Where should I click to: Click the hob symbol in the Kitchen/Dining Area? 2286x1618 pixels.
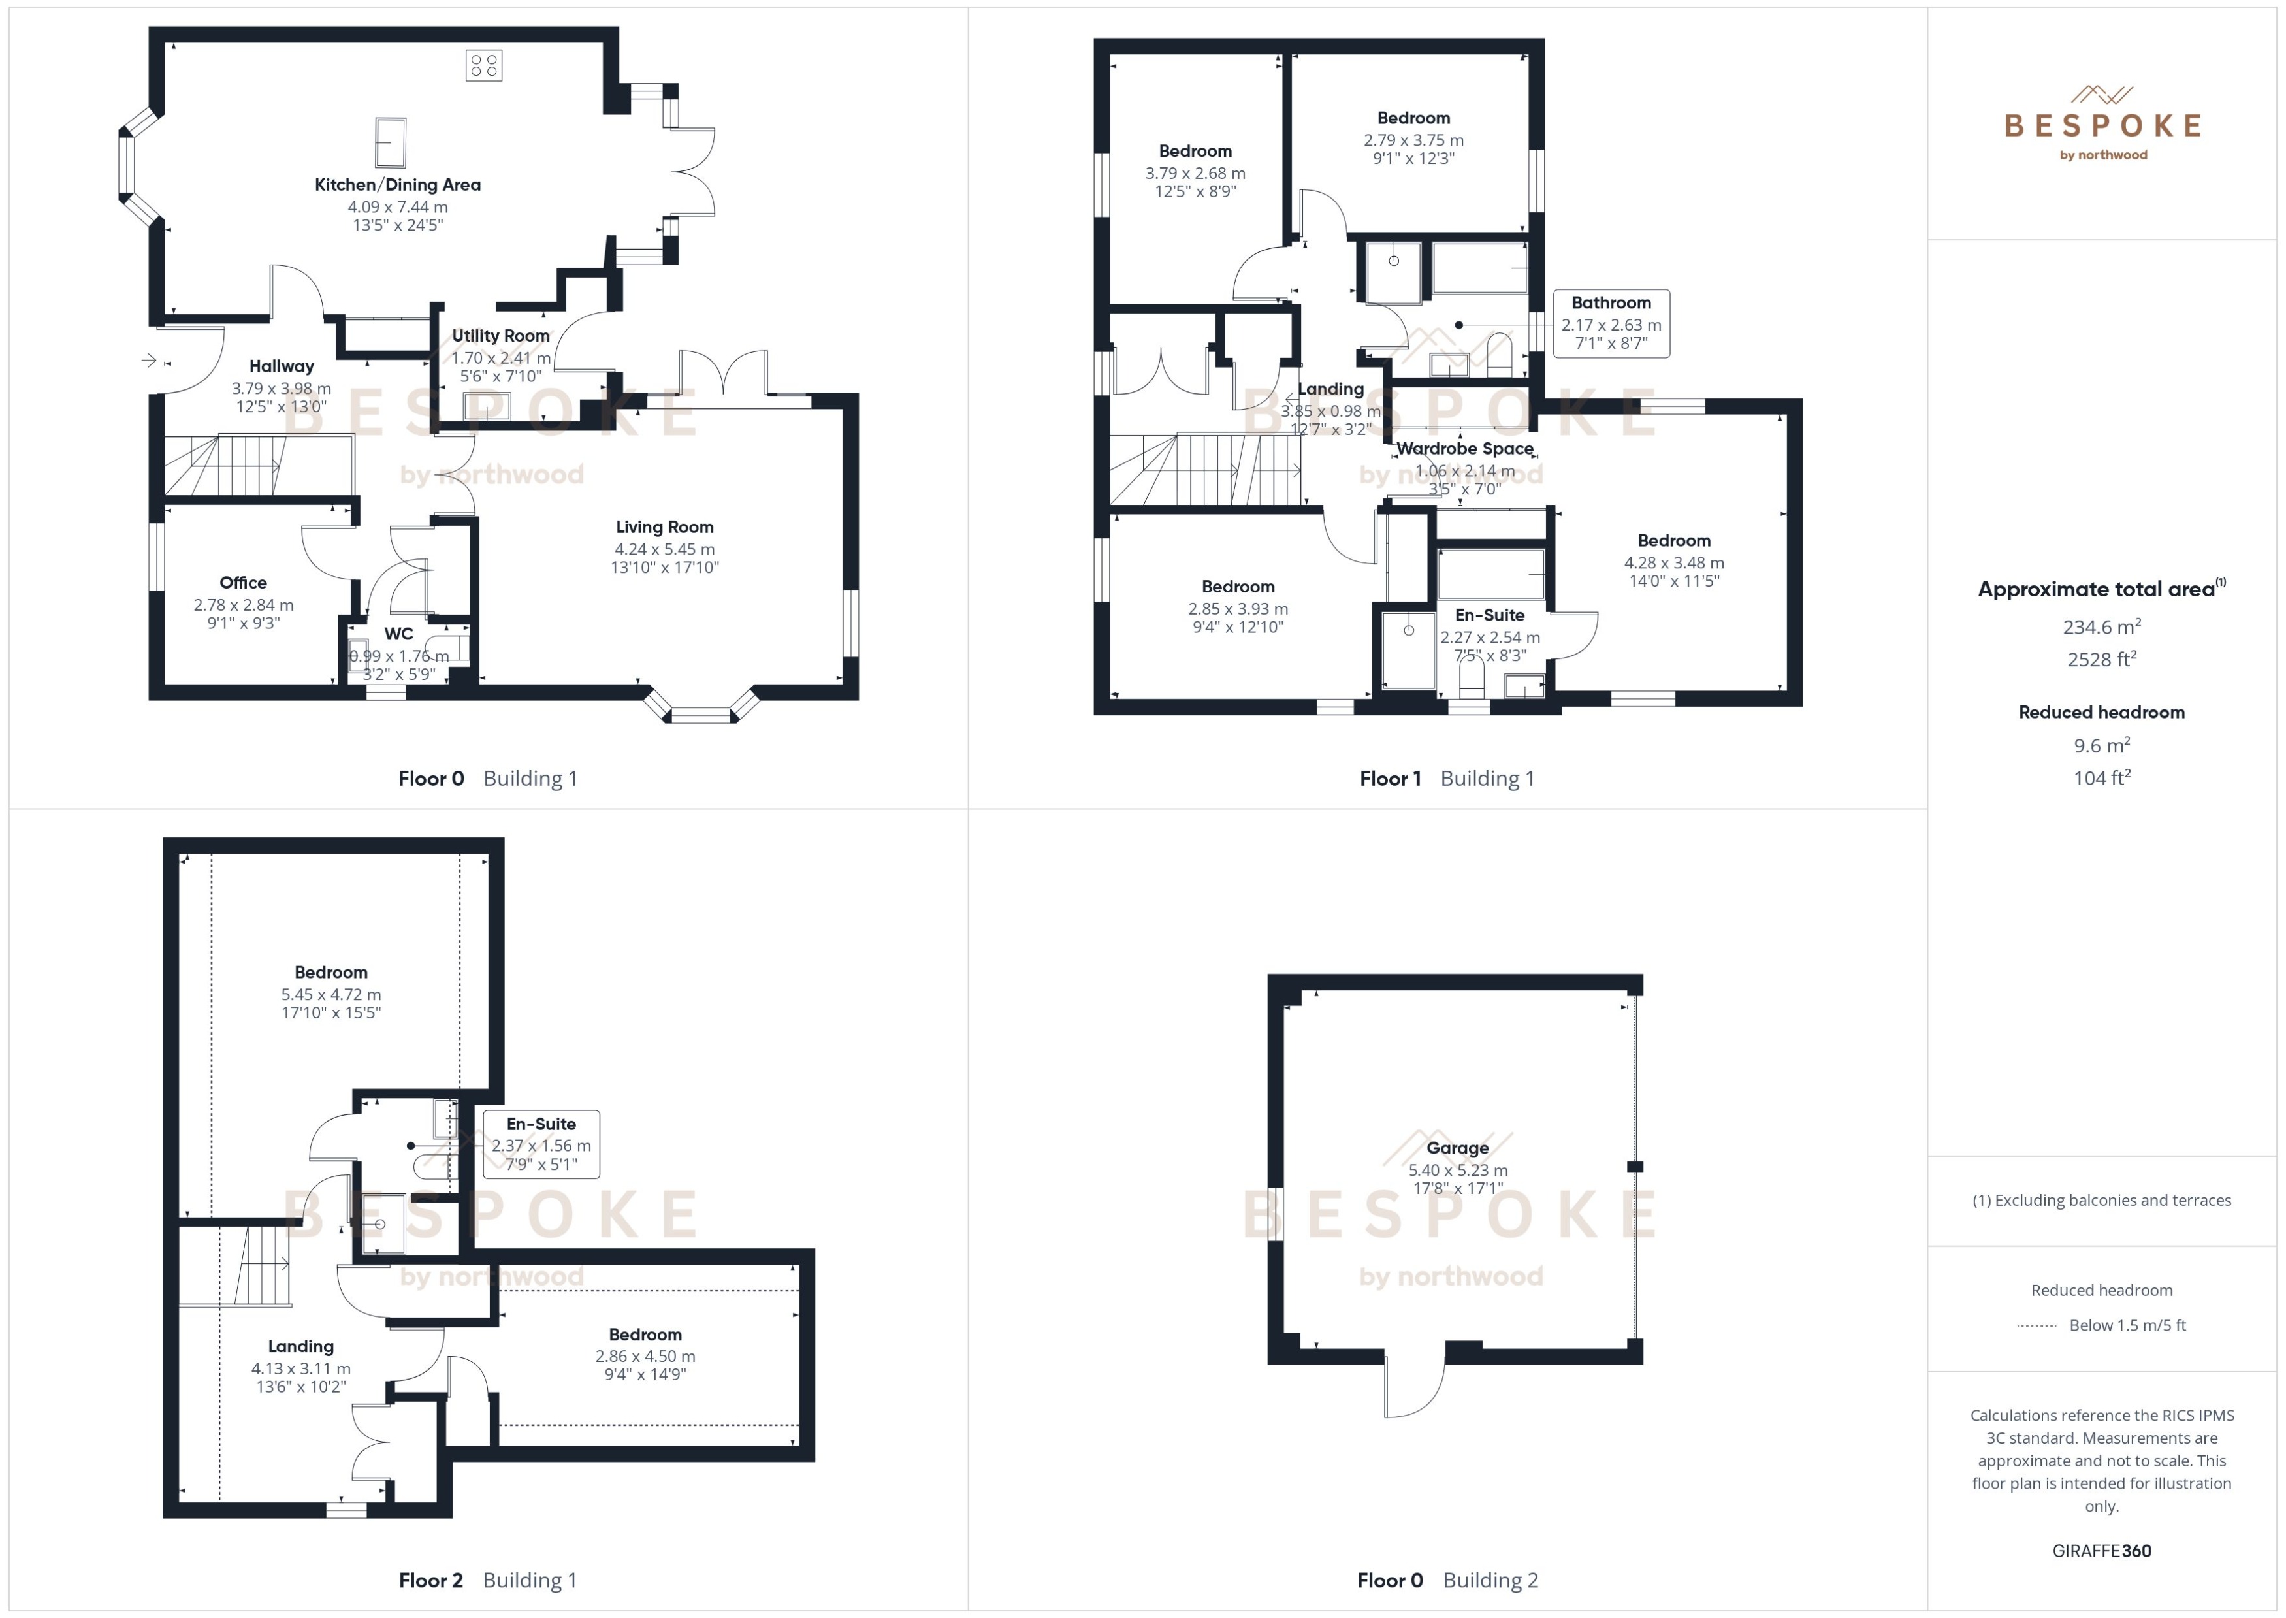[483, 66]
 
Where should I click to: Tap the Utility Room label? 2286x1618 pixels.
[500, 336]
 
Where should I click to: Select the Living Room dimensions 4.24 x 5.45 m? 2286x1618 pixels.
[664, 549]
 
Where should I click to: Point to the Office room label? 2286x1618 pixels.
[243, 583]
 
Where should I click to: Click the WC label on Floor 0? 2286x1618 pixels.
[398, 634]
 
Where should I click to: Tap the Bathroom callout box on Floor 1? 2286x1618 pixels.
[1611, 323]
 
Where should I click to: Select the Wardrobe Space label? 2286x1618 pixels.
[1464, 448]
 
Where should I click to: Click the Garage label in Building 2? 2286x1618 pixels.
[1457, 1148]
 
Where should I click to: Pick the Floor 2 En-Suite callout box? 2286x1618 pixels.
[541, 1144]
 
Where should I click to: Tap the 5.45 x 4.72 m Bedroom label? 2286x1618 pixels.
[330, 973]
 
